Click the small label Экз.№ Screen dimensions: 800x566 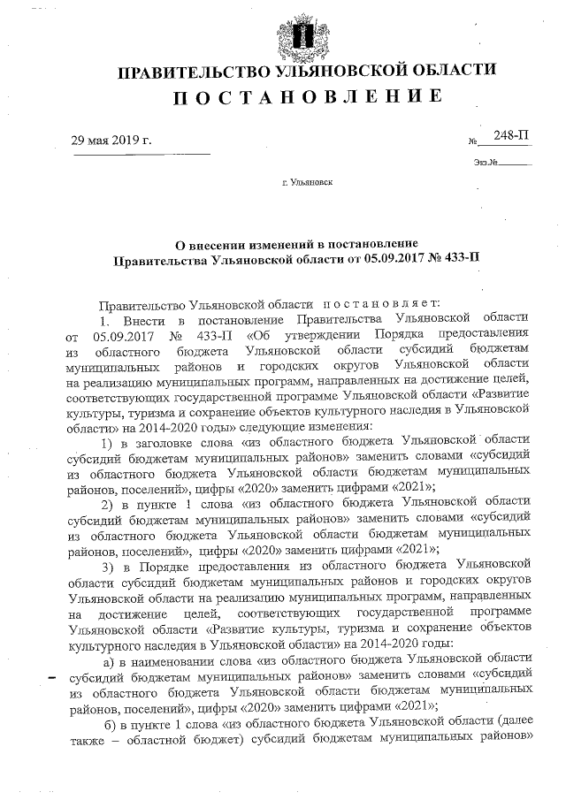[486, 162]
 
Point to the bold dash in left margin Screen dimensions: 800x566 [50, 679]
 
